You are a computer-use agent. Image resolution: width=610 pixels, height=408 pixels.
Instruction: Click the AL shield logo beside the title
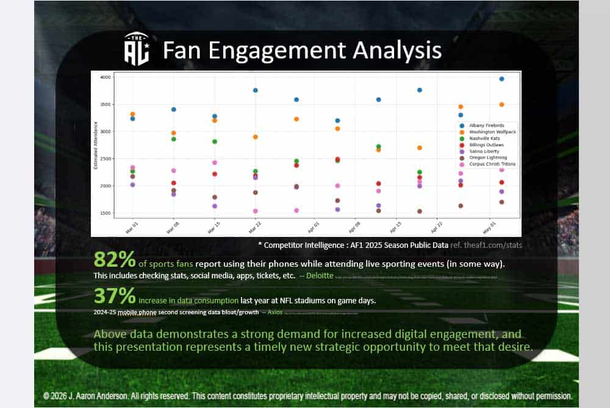[x=137, y=49]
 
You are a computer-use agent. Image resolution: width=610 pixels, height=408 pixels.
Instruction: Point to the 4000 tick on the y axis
[x=104, y=78]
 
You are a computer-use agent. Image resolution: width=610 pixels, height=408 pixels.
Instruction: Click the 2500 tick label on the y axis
[x=104, y=160]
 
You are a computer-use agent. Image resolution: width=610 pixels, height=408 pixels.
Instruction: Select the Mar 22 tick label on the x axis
[x=252, y=227]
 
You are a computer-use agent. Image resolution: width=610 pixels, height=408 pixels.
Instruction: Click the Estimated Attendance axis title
[x=96, y=146]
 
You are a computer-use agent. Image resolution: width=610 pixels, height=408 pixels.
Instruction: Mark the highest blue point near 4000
[x=501, y=79]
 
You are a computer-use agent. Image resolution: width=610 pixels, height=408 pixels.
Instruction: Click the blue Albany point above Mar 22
[x=256, y=90]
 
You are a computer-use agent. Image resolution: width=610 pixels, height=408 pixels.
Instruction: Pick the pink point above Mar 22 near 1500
[x=256, y=211]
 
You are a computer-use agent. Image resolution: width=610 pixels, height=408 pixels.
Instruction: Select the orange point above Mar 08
[x=174, y=133]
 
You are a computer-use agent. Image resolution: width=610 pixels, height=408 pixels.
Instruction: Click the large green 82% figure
[x=114, y=260]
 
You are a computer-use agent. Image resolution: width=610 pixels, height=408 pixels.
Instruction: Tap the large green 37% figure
[x=114, y=296]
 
